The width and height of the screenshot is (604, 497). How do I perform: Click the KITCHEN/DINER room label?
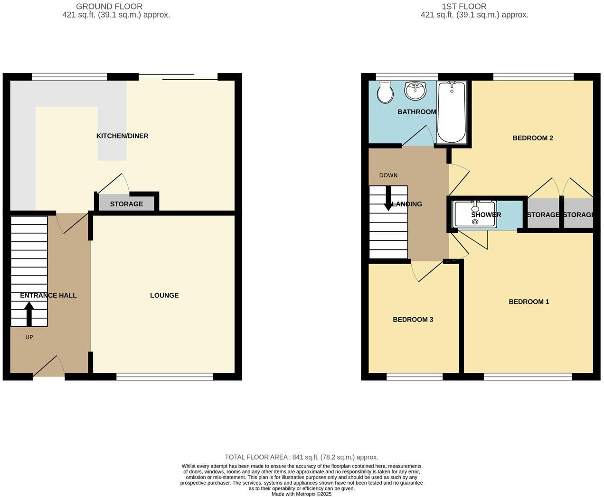[x=122, y=136]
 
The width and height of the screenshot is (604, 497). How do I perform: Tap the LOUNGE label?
[x=164, y=295]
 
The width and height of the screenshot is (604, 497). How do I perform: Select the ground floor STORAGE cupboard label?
[x=126, y=204]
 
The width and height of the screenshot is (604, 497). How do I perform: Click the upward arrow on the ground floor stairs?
[x=29, y=313]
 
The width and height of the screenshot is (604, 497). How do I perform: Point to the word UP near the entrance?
[x=29, y=337]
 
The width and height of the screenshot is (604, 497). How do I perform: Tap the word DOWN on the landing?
[x=388, y=175]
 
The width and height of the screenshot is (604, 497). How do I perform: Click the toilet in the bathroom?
[x=385, y=92]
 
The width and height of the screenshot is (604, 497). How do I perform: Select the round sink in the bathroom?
[x=415, y=91]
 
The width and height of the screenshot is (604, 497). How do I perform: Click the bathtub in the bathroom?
[x=451, y=112]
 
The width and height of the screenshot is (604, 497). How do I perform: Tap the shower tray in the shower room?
[x=475, y=214]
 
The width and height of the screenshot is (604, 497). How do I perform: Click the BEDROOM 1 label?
[x=528, y=302]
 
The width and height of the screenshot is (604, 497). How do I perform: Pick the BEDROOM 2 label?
[x=532, y=138]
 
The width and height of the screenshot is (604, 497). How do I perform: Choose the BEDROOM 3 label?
[x=413, y=320]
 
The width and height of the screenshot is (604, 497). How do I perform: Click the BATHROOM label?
[x=416, y=112]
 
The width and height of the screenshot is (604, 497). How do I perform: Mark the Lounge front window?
[x=164, y=377]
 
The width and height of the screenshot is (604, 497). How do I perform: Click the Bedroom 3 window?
[x=414, y=377]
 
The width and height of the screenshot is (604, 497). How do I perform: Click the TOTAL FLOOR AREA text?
[x=302, y=457]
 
